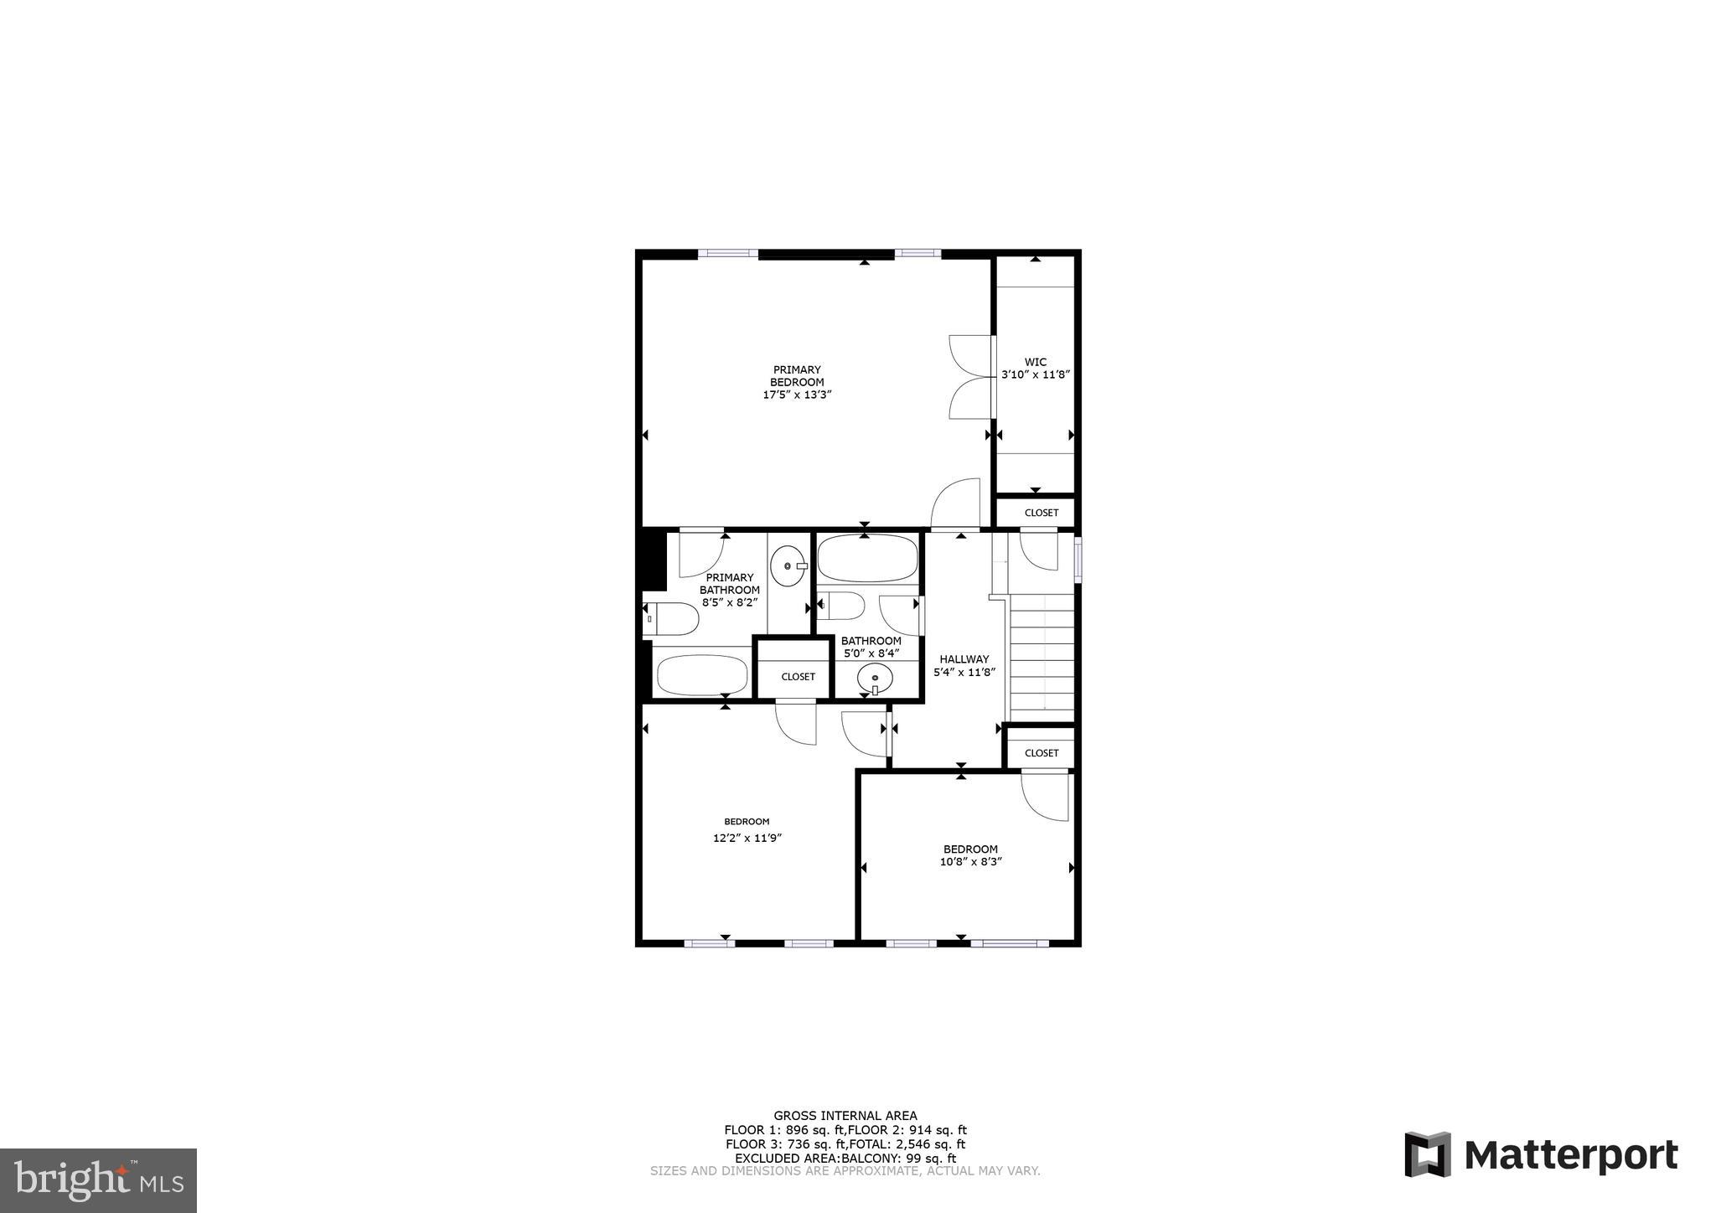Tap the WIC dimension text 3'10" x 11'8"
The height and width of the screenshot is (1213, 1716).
1036,375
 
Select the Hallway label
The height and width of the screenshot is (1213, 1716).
964,659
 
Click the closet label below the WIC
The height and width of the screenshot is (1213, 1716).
1041,513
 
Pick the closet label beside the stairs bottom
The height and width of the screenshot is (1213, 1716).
1041,753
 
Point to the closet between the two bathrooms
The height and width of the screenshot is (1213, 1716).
798,677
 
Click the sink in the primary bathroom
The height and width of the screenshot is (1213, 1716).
788,567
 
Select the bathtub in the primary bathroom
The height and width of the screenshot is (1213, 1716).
701,674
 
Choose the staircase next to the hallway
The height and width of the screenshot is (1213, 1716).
1041,658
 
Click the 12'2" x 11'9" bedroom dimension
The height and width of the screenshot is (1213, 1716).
747,838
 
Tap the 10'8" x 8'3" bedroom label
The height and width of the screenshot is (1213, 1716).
971,855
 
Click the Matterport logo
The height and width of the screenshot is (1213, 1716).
1541,1156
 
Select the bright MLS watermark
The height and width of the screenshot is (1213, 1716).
99,1181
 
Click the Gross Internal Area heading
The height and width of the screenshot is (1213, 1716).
845,1116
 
